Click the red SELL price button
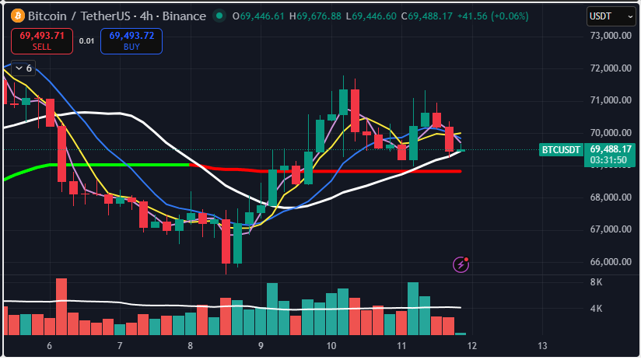coord(43,40)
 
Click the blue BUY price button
coord(131,40)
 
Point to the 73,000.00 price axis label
coord(611,36)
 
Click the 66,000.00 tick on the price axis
coord(611,262)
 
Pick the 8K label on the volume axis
coord(597,282)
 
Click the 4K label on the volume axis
coord(597,309)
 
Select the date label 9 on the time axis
coord(261,345)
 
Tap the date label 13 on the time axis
coord(542,345)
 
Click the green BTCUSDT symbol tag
coord(561,149)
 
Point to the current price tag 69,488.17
coord(610,149)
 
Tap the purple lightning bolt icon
coord(461,264)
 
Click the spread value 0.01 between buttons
coord(87,40)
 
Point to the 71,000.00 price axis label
coord(611,100)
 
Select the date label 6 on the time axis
coord(49,345)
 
